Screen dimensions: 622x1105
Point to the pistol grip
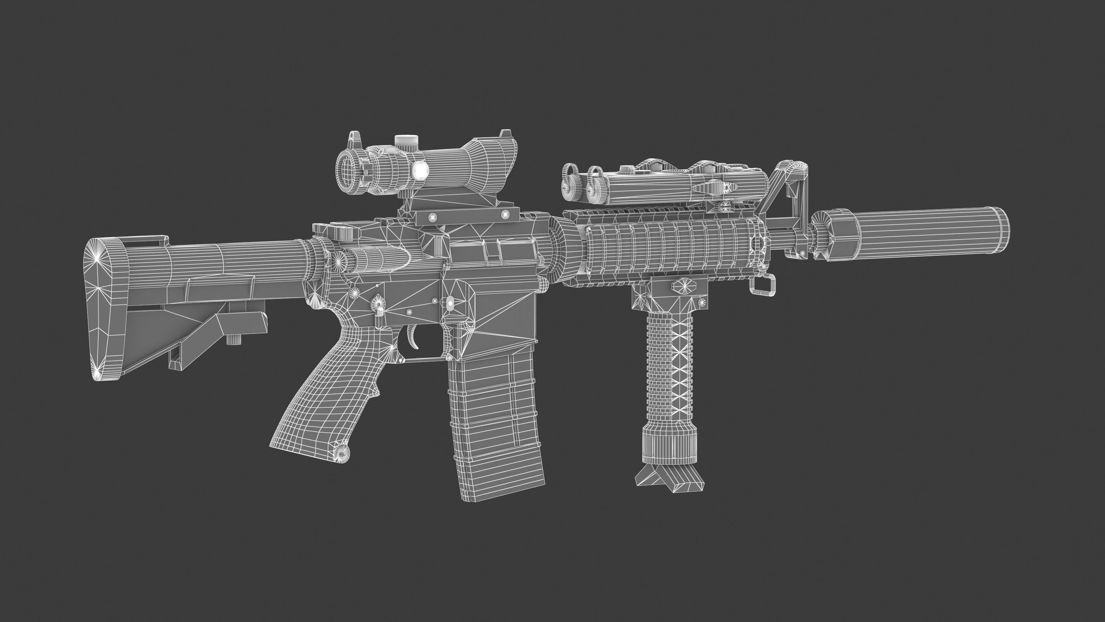[317, 399]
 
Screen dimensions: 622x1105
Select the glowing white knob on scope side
[420, 172]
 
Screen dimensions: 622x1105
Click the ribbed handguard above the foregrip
[669, 253]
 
